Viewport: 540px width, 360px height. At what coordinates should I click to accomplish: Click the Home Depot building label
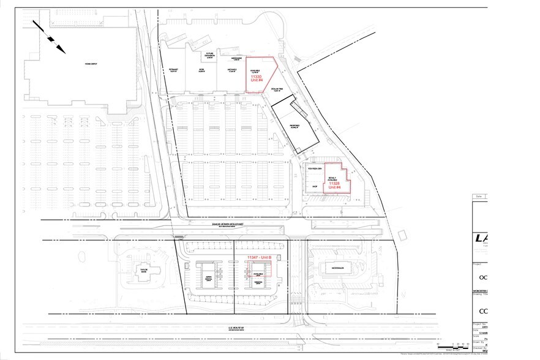pyautogui.click(x=91, y=64)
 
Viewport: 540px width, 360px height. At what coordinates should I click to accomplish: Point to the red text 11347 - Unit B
pyautogui.click(x=263, y=257)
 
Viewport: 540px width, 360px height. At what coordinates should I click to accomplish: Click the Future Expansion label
pyautogui.click(x=209, y=55)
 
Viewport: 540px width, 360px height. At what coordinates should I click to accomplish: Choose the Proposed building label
pyautogui.click(x=294, y=127)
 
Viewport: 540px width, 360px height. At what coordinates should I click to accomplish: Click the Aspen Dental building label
pyautogui.click(x=208, y=276)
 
